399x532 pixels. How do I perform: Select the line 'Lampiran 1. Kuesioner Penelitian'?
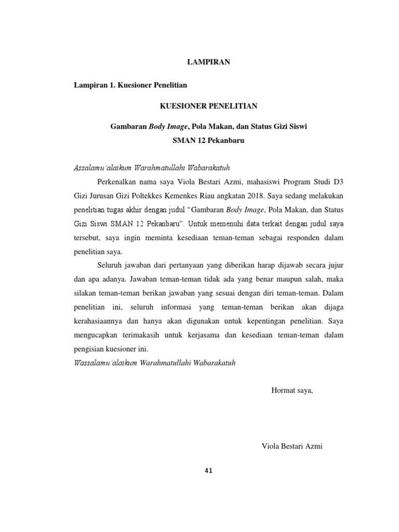[131, 84]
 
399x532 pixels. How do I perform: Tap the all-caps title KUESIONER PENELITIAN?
[208, 106]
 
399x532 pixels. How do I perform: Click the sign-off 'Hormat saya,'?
[292, 391]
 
